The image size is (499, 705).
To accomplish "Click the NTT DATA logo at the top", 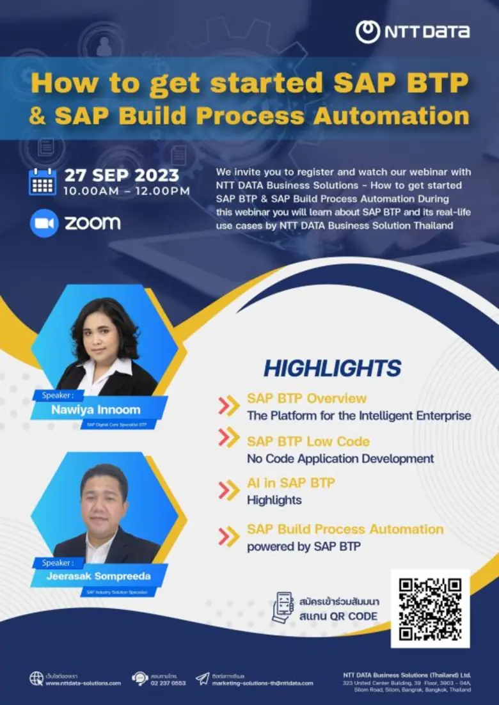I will (413, 31).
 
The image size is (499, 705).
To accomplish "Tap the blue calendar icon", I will (43, 182).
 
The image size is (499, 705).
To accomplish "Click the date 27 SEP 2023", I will (122, 175).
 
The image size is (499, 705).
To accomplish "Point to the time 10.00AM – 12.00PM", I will (127, 191).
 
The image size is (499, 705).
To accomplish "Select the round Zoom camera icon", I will (44, 223).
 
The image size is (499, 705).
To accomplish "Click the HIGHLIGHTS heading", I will (332, 368).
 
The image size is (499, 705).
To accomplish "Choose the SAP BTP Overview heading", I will (306, 399).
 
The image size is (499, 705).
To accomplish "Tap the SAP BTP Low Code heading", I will (308, 441).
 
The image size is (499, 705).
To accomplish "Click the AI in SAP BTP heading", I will (290, 483).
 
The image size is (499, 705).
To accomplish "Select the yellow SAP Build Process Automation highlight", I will (345, 529).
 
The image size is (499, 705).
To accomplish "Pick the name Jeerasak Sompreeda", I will (90, 576).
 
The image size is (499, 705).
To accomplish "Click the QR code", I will (430, 608).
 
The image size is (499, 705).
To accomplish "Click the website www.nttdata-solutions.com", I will (83, 683).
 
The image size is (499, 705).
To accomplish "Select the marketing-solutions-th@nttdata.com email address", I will (262, 683).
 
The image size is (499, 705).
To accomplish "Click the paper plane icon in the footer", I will (202, 678).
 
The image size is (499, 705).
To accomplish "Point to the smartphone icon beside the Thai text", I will (282, 608).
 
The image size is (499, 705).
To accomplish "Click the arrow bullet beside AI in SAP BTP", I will (228, 490).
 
